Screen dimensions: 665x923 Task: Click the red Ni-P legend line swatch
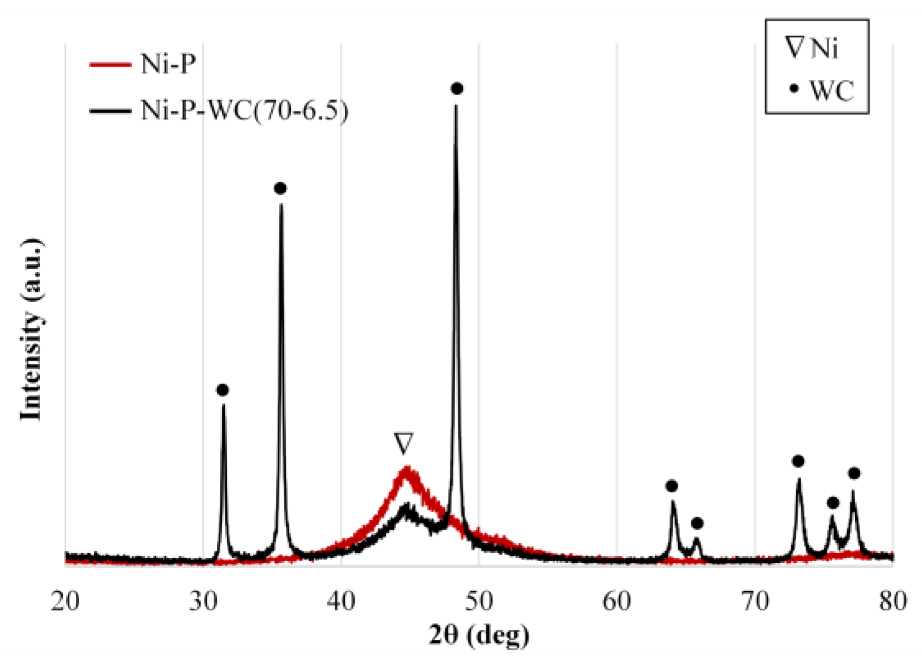tap(110, 64)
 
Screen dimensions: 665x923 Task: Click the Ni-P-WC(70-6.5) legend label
tap(244, 111)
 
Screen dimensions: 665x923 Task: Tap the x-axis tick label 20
tap(65, 601)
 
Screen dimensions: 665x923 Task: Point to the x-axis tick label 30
tap(203, 601)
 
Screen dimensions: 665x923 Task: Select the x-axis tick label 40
tap(341, 601)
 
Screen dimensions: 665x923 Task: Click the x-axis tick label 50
tap(479, 601)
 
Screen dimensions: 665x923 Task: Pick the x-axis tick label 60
tap(617, 601)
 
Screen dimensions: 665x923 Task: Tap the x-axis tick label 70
tap(755, 601)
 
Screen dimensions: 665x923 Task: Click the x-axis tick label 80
tap(893, 601)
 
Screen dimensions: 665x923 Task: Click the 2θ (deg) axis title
tap(479, 635)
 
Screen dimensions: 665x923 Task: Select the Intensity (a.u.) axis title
tap(32, 330)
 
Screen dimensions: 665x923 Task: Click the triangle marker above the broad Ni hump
tap(404, 443)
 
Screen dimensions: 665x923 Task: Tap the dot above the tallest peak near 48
tap(457, 89)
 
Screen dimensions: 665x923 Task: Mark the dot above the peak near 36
tap(280, 189)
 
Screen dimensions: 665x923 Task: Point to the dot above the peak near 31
tap(222, 390)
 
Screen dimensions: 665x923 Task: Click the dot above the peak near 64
tap(672, 486)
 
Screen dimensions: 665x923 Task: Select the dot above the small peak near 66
tap(697, 523)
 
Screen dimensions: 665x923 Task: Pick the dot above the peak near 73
tap(798, 462)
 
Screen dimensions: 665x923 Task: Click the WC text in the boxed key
tap(831, 91)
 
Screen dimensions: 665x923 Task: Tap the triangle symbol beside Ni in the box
tap(795, 48)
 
